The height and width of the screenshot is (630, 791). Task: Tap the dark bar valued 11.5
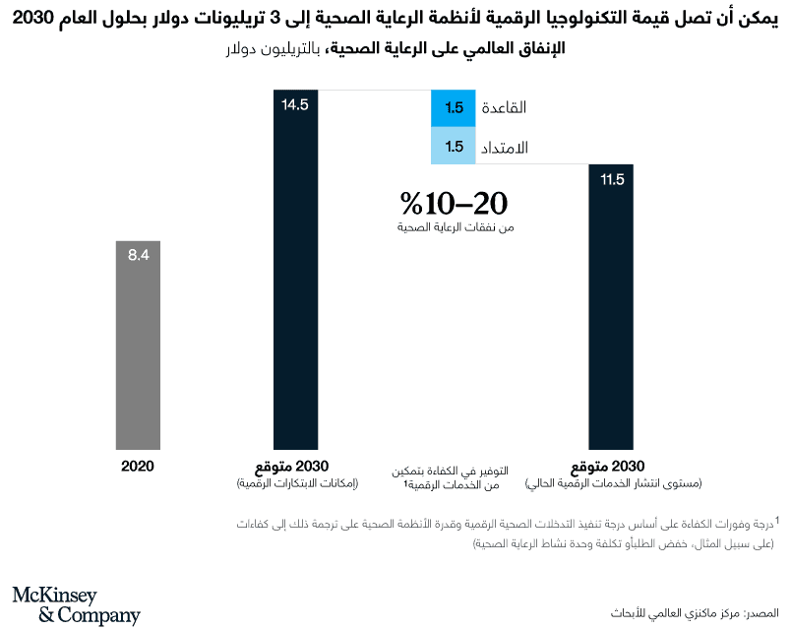pyautogui.click(x=612, y=305)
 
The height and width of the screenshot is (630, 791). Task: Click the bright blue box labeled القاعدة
pyautogui.click(x=454, y=108)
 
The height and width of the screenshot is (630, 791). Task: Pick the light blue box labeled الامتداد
pyautogui.click(x=454, y=147)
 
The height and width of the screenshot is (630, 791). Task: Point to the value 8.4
pyautogui.click(x=138, y=254)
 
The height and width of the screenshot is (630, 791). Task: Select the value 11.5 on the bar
pyautogui.click(x=612, y=179)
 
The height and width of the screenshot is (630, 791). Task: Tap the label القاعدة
pyautogui.click(x=502, y=108)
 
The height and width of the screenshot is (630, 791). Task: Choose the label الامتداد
pyautogui.click(x=503, y=148)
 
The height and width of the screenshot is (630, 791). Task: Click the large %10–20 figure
pyautogui.click(x=454, y=203)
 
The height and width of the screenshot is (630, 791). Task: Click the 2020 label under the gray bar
pyautogui.click(x=138, y=466)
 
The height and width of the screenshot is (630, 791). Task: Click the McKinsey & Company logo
pyautogui.click(x=76, y=604)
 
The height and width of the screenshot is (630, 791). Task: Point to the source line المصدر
pyautogui.click(x=693, y=610)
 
